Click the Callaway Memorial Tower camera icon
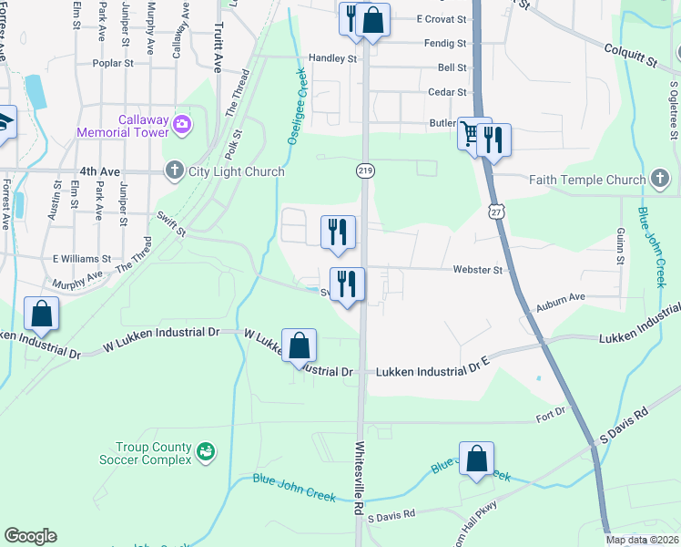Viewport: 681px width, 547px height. click(x=181, y=123)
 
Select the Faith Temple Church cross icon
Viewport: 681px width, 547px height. click(x=661, y=180)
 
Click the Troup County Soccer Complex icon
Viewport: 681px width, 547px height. click(x=207, y=450)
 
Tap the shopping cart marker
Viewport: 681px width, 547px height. click(x=471, y=134)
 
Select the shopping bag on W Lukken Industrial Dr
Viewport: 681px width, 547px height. click(x=299, y=346)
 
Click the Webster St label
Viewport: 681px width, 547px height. click(x=478, y=270)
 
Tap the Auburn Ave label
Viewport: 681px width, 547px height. click(x=564, y=297)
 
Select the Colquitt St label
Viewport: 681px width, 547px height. click(x=631, y=60)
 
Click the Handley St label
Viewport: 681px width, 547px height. click(x=332, y=58)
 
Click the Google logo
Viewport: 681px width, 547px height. click(x=30, y=536)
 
